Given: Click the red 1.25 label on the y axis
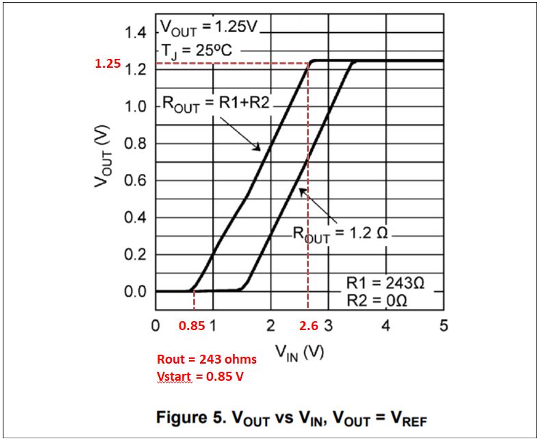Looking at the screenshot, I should pos(108,64).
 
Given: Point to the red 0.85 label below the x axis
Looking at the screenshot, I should pos(191,326).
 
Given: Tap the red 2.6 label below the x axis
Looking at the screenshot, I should pos(309,326).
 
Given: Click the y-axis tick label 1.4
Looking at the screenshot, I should pos(137,33).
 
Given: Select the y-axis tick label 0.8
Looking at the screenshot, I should pos(137,144).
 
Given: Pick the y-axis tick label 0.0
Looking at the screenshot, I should pos(137,292).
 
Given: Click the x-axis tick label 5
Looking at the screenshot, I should pos(443,325).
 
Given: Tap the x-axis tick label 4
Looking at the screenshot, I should pos(386,325).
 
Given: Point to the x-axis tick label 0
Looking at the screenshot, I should pos(156,325).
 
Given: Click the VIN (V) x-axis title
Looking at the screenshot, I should pos(299,353).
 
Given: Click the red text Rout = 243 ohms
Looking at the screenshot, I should pos(207,360).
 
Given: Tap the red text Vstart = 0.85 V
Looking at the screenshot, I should pos(201,376).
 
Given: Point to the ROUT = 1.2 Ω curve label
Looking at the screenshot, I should pos(340,233).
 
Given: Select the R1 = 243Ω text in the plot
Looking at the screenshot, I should pos(386,283).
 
